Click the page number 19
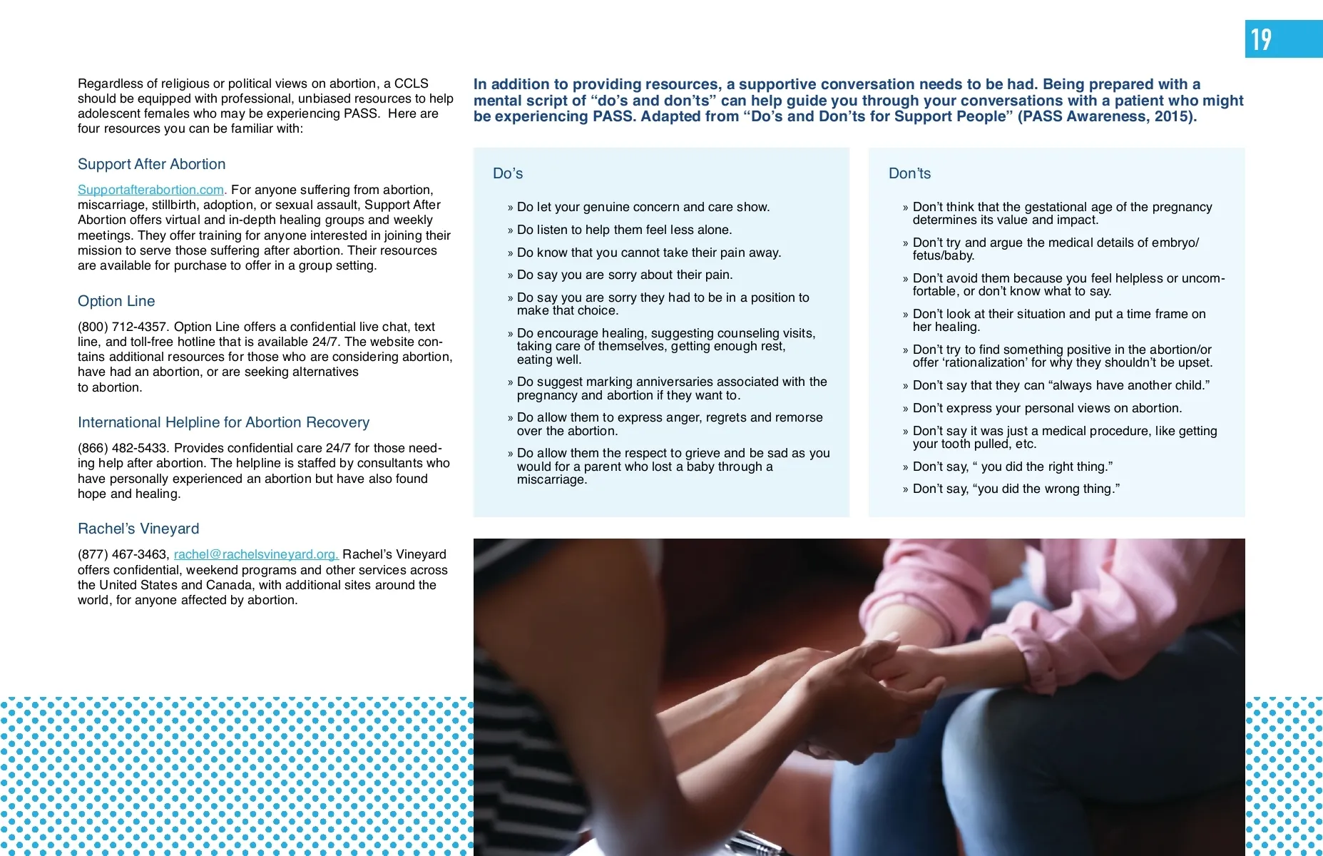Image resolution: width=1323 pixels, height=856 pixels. tap(1261, 39)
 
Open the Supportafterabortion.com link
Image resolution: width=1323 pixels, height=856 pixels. tap(150, 190)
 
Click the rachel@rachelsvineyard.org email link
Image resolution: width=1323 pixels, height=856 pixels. tap(255, 554)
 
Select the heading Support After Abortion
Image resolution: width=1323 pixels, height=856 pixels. tap(151, 164)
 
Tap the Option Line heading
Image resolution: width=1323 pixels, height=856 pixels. tap(116, 301)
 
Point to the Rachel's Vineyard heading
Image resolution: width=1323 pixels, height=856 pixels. tap(138, 529)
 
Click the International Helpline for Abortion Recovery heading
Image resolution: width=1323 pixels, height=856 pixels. tap(223, 422)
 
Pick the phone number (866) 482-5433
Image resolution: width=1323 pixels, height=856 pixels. tap(123, 448)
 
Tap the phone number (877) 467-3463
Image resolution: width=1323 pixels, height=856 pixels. tap(123, 554)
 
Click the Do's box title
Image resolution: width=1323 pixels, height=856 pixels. tap(508, 173)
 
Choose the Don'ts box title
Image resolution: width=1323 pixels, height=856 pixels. tap(909, 173)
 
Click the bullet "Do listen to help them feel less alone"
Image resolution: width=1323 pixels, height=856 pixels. tap(624, 230)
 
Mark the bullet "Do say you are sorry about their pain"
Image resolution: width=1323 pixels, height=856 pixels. tap(624, 275)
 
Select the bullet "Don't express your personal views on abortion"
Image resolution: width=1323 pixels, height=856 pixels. tap(1047, 408)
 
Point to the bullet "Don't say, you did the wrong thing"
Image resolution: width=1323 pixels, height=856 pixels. tap(1016, 489)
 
